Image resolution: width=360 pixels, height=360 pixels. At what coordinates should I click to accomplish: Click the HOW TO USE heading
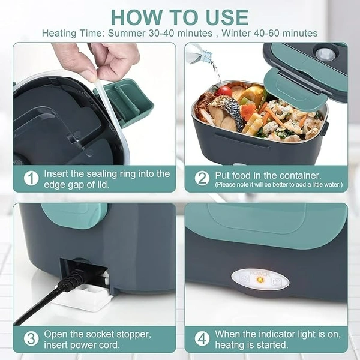(179, 17)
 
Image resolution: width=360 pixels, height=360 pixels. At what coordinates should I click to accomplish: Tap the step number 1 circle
(31, 178)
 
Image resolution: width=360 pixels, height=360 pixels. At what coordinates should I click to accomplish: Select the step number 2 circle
(202, 178)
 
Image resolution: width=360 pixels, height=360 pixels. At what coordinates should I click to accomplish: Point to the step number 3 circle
(31, 338)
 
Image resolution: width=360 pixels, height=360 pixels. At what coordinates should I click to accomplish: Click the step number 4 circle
(202, 338)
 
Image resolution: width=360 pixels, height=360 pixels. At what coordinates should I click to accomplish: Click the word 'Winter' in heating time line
(236, 34)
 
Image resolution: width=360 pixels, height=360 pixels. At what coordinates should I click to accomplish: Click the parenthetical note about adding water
(278, 184)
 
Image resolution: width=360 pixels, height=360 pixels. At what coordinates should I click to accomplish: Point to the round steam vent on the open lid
(325, 55)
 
